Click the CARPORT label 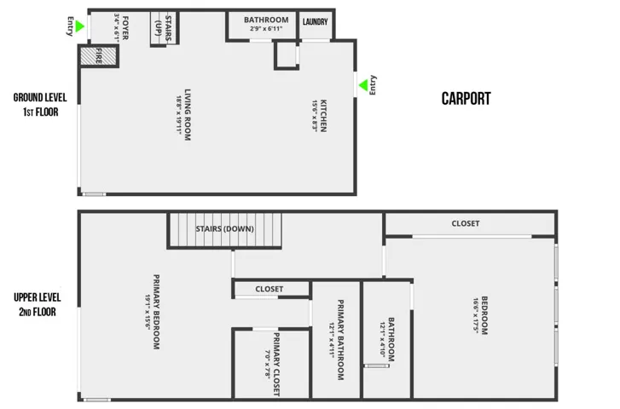(466, 98)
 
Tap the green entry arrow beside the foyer (79, 26)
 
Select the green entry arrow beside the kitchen (363, 85)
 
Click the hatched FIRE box (98, 55)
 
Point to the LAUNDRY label (316, 22)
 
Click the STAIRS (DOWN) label (224, 229)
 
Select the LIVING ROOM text (188, 114)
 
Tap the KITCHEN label (323, 116)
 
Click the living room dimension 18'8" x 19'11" (179, 115)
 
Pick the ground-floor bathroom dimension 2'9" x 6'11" (266, 28)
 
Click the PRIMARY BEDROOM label (156, 312)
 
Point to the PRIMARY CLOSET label (276, 364)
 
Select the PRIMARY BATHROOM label (340, 340)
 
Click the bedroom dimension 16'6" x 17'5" (476, 316)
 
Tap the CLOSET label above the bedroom (466, 223)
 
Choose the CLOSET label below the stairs (269, 289)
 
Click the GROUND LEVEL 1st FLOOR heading (40, 105)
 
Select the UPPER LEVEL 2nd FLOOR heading (38, 305)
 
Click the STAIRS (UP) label (163, 28)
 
